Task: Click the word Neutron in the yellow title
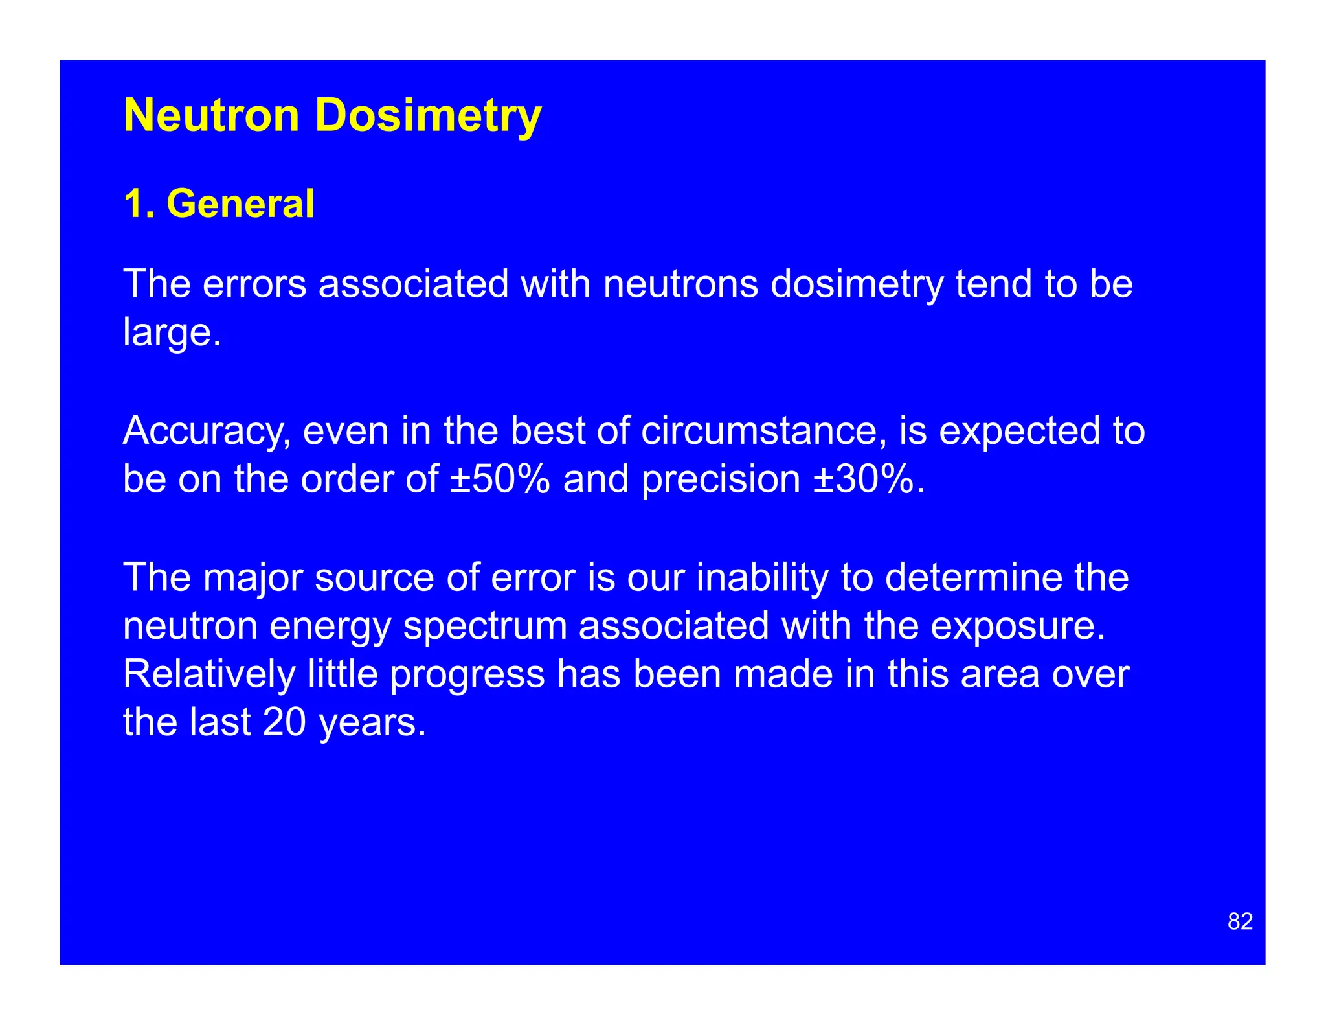pyautogui.click(x=211, y=115)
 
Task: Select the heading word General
pyautogui.click(x=240, y=203)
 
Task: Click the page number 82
pyautogui.click(x=1240, y=921)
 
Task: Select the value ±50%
pyautogui.click(x=500, y=479)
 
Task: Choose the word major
pyautogui.click(x=253, y=578)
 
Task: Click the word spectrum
pyautogui.click(x=485, y=627)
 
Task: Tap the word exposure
pyautogui.click(x=1018, y=627)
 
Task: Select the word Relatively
pyautogui.click(x=209, y=674)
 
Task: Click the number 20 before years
pyautogui.click(x=284, y=722)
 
